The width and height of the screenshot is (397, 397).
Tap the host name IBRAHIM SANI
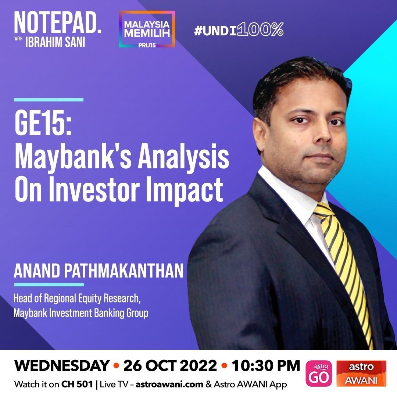[x=55, y=42]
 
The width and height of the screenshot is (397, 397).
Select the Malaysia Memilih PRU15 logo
[x=147, y=29]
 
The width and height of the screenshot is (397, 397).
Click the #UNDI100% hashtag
[x=239, y=29]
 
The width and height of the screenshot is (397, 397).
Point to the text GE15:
[x=43, y=124]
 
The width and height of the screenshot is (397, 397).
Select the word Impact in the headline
[x=185, y=190]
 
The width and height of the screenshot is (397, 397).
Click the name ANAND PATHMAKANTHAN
[x=99, y=271]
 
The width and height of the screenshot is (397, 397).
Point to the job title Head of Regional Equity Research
[x=77, y=298]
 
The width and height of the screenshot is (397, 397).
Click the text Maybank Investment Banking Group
[x=81, y=313]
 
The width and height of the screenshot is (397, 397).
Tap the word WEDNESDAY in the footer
[x=62, y=366]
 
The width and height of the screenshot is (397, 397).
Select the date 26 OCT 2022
[x=170, y=366]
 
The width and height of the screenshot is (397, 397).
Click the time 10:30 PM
[x=266, y=366]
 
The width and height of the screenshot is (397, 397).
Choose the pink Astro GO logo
[x=319, y=373]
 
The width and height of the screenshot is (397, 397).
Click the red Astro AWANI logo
[x=361, y=373]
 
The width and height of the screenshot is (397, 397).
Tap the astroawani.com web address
[x=169, y=385]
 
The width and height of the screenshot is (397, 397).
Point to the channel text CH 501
[x=77, y=385]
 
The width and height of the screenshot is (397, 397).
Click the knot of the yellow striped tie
[x=324, y=211]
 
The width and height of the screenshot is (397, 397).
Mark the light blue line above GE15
[x=49, y=100]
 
